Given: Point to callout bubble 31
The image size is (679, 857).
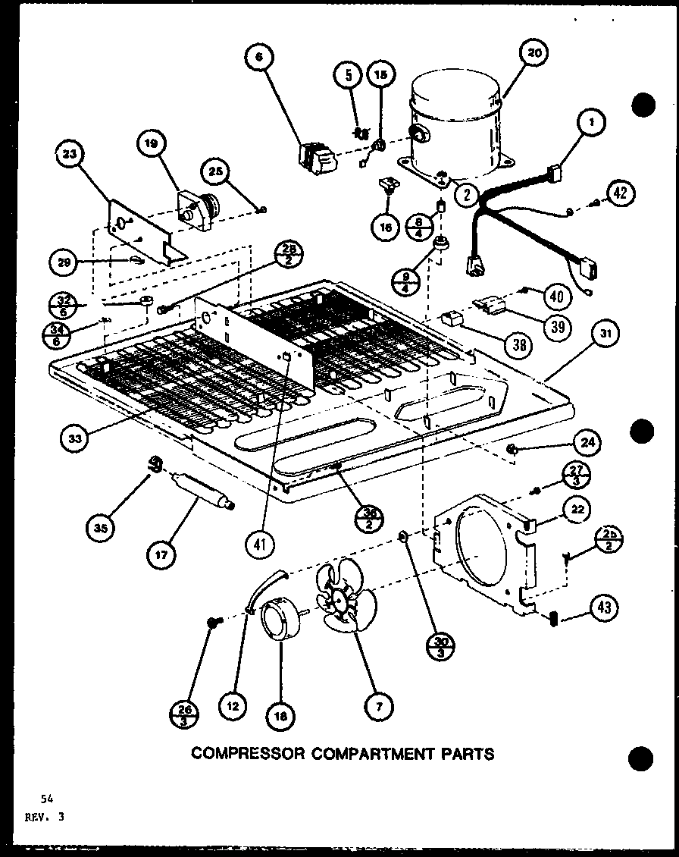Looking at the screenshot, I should (x=609, y=334).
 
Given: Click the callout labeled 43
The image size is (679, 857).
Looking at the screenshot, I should (x=606, y=607).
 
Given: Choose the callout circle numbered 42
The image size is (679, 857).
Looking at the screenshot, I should (x=621, y=193).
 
